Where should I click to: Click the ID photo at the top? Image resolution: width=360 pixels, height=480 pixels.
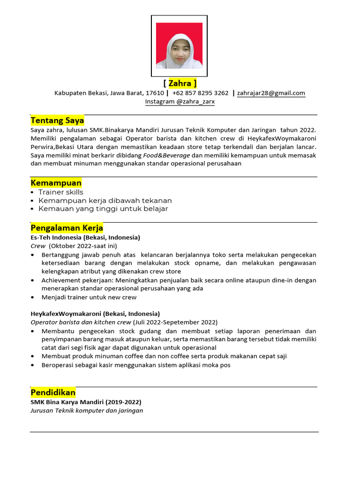coord(179,46)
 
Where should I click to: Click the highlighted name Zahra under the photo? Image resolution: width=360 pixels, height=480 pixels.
coord(180,83)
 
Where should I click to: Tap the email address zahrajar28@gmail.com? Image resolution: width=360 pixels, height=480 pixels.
coord(271,93)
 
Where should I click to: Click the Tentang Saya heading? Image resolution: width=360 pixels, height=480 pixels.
coord(57,120)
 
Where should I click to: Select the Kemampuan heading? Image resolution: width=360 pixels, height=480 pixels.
coord(56,182)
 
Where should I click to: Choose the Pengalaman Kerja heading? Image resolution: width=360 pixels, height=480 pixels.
coord(67,228)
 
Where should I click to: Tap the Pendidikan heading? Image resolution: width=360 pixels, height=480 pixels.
coord(53,392)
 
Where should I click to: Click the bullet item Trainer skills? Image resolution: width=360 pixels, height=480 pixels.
coord(60,192)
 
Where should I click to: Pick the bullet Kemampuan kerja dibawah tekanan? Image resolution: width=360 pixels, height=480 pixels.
coord(105,201)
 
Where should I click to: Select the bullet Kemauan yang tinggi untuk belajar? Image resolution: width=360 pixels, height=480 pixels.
coord(103,209)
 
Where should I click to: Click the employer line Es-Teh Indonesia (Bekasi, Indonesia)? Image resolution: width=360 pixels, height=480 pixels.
coord(85,238)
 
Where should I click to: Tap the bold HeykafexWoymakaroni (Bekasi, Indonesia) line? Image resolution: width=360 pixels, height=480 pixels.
coord(95,314)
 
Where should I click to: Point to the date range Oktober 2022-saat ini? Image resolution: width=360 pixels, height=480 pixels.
coord(83,246)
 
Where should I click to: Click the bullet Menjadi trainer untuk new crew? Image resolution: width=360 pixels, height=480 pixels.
coord(89,297)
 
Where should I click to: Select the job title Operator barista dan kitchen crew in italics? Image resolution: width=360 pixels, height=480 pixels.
coord(81,322)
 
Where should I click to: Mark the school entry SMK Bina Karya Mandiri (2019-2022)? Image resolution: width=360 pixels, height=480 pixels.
coord(86,402)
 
